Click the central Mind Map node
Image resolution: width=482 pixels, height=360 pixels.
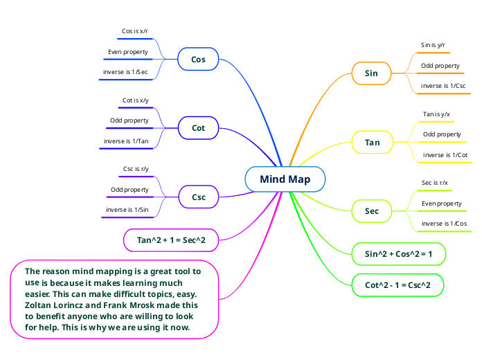(x=285, y=179)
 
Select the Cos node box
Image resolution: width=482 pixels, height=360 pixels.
(x=198, y=60)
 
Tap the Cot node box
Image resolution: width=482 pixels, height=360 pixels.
(x=198, y=128)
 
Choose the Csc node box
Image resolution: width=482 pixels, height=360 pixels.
(x=198, y=197)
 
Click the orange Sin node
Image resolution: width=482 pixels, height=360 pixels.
(x=371, y=73)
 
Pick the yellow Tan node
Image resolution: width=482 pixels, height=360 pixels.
(x=372, y=143)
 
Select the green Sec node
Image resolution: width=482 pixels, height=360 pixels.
(x=372, y=210)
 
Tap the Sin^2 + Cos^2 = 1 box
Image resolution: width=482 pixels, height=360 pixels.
(x=398, y=254)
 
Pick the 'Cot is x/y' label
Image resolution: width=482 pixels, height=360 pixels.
(x=135, y=100)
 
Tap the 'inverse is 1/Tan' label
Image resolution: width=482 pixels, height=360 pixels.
(x=125, y=141)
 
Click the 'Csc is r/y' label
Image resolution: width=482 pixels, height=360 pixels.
(x=136, y=169)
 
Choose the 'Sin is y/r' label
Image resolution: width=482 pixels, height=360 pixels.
(x=433, y=45)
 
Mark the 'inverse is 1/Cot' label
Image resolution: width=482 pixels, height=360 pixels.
(x=445, y=155)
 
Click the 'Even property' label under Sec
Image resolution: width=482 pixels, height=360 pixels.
(x=442, y=204)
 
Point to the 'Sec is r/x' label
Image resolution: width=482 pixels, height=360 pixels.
(x=435, y=183)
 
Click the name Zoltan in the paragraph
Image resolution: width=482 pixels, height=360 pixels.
(x=40, y=305)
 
